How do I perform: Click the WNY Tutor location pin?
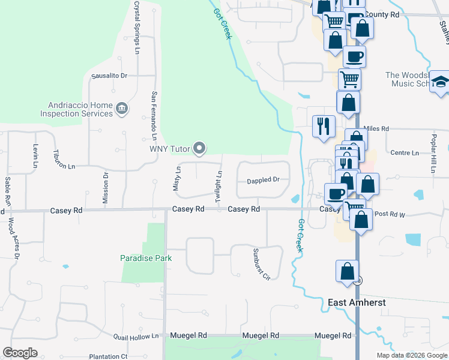(199, 148)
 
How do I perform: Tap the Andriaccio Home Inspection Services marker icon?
(122, 109)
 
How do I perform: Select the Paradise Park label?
(146, 258)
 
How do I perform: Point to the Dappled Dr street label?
(264, 180)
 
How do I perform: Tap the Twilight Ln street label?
(220, 185)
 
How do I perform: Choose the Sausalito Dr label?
(109, 76)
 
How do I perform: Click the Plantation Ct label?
(108, 356)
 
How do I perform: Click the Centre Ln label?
(404, 153)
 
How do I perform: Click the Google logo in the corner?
(20, 353)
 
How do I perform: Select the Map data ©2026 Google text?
(411, 355)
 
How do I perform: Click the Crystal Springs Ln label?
(137, 24)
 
